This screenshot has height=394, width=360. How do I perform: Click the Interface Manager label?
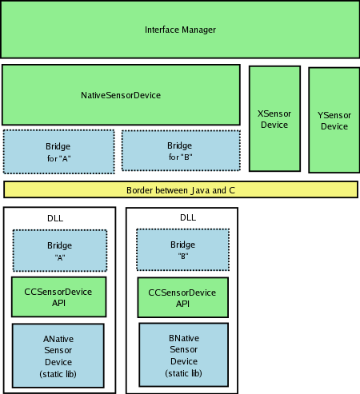tap(180, 30)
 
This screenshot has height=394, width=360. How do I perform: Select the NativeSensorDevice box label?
tap(121, 95)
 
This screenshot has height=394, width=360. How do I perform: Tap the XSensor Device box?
tap(274, 118)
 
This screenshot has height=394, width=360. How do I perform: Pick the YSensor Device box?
tap(334, 120)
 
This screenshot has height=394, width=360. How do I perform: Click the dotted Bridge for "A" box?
tap(59, 152)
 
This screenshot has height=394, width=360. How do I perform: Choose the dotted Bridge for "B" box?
tap(181, 150)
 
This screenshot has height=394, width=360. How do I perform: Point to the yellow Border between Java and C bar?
tap(181, 189)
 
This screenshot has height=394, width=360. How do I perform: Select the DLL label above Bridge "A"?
tap(55, 218)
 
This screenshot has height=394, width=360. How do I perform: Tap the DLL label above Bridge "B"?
tap(188, 217)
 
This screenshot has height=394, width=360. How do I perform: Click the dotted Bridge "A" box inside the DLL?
tap(60, 251)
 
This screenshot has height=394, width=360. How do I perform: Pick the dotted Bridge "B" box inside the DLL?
tap(183, 249)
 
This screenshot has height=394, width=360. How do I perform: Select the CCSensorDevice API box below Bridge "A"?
tap(59, 297)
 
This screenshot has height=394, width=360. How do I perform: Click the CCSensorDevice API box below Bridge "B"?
tap(183, 297)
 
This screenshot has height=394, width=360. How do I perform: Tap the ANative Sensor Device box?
tap(58, 356)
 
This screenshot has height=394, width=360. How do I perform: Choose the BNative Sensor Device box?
tap(184, 355)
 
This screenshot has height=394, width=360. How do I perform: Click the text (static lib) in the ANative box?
tap(58, 374)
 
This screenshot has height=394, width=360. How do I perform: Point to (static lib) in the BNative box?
tap(183, 373)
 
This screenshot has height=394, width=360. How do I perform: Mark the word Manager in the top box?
tap(199, 30)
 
